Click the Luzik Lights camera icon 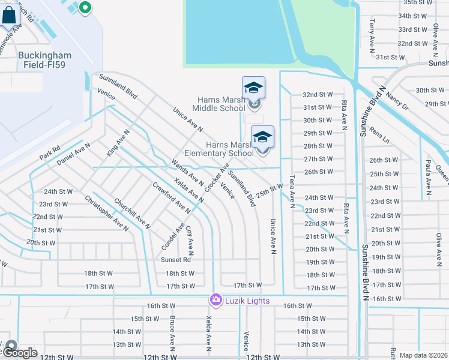point(215,299)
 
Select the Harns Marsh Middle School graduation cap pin point(253,88)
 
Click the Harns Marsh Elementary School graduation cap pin point(262,137)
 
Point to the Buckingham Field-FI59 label point(44,60)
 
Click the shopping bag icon point(10,16)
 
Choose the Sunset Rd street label point(175,260)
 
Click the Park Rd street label point(50,153)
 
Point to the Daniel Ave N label point(73,154)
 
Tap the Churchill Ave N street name point(131,214)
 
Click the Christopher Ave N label point(106,213)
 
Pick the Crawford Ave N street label point(171,198)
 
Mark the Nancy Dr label point(397,99)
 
